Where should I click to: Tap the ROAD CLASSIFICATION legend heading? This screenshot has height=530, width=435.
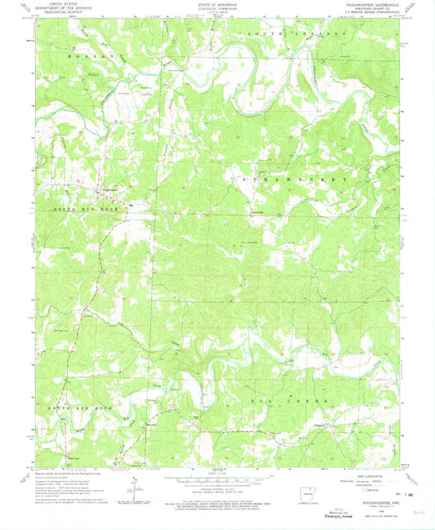click(x=369, y=476)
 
